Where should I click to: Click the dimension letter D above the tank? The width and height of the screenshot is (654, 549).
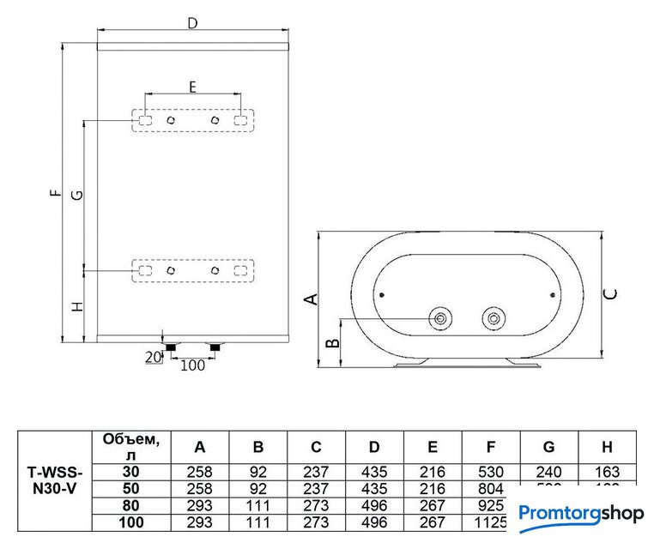pos(192,24)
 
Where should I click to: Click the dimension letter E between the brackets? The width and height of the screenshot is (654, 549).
pos(192,86)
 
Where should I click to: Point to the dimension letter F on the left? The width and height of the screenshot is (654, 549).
pos(56,193)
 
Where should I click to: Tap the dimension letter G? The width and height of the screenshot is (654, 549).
pos(76,195)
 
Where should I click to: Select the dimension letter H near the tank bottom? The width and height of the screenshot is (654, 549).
pos(76,305)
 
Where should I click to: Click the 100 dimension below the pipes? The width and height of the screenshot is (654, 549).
pos(193,366)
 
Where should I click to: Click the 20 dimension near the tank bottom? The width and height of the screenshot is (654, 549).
pos(154,357)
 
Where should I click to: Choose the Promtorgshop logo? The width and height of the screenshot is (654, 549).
pos(580,514)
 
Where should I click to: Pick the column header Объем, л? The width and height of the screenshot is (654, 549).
pos(130,445)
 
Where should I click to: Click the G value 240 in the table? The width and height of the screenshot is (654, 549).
pos(548,471)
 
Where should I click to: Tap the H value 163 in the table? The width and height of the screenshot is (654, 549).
pos(607,471)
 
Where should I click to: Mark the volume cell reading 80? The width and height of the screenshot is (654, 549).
pos(130,506)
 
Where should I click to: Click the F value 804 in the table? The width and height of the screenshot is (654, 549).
pos(490,488)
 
